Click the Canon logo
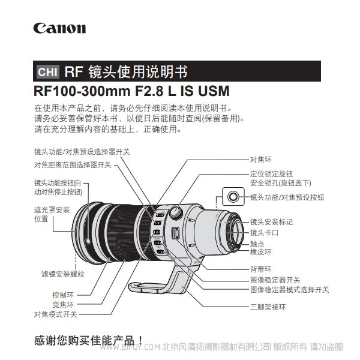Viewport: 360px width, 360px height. (x=59, y=28)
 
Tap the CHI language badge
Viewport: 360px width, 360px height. (x=48, y=71)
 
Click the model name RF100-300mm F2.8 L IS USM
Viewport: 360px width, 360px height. (x=131, y=91)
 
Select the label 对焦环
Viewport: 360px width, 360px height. (x=260, y=160)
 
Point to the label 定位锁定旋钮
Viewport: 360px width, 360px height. (x=271, y=174)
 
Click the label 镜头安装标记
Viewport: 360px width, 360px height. (x=271, y=222)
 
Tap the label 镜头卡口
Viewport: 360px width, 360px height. (x=264, y=233)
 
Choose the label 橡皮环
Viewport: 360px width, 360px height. (x=260, y=252)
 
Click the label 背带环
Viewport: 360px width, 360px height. (x=260, y=269)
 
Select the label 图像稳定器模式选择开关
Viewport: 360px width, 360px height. (x=290, y=290)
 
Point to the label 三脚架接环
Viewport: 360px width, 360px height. (x=268, y=307)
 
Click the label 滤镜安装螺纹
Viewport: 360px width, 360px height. (x=63, y=274)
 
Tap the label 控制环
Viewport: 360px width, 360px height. (x=63, y=295)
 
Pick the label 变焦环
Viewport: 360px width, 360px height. (x=63, y=304)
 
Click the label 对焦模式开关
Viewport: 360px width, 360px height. (x=56, y=314)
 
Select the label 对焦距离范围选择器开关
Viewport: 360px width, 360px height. (x=73, y=165)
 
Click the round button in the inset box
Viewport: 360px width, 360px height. (x=233, y=197)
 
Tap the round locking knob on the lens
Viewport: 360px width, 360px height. (x=176, y=212)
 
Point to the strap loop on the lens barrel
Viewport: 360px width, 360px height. (x=176, y=233)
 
